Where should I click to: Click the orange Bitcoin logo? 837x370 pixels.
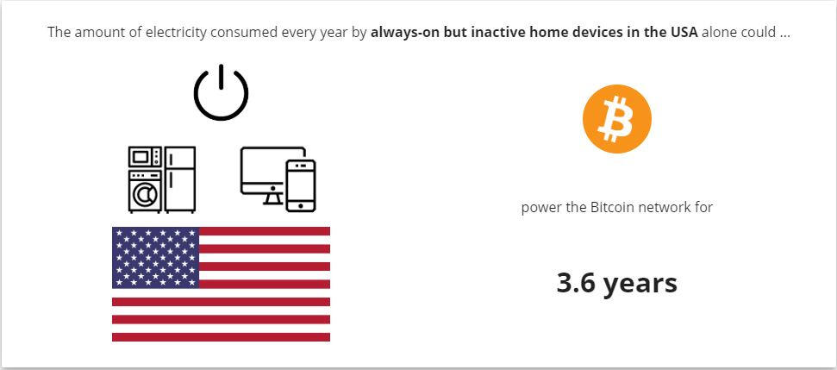(616, 119)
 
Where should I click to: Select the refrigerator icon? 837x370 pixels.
(180, 180)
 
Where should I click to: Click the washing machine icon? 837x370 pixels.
(145, 191)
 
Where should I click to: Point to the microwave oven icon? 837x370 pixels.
(145, 157)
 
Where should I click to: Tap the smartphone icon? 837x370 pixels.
(301, 185)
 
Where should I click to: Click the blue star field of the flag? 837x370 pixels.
(155, 257)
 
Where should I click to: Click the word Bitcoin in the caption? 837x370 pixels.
(609, 207)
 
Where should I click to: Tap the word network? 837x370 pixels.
(657, 207)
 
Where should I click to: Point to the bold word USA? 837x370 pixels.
(684, 32)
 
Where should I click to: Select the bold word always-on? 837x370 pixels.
(402, 33)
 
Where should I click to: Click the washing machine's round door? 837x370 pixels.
(142, 196)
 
